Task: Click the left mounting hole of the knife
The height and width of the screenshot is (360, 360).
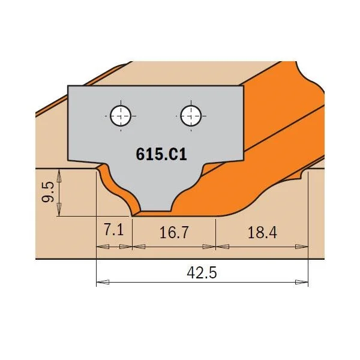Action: click(121, 116)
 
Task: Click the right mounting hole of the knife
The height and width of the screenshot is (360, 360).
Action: click(191, 116)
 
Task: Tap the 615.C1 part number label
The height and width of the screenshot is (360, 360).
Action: click(161, 154)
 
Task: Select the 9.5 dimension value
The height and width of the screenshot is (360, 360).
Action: click(48, 192)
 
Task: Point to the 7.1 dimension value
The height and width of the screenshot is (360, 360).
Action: click(114, 230)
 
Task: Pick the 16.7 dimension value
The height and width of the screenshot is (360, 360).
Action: click(174, 232)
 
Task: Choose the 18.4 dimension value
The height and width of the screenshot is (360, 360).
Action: click(262, 232)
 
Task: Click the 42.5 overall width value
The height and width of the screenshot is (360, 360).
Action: click(202, 273)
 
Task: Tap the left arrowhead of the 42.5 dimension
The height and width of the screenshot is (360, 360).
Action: click(103, 282)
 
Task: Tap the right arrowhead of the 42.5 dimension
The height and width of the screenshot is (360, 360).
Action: click(301, 282)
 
